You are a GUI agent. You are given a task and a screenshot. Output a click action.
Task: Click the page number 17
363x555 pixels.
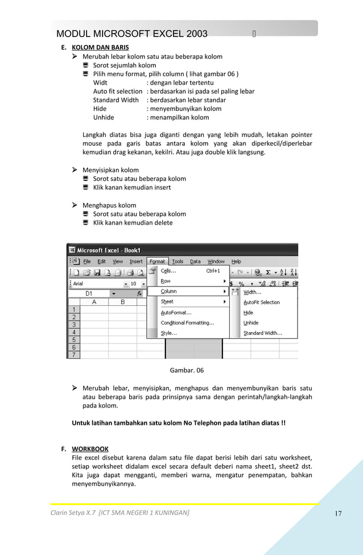pos(338,514)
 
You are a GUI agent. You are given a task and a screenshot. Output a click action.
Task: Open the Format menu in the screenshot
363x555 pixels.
pos(157,262)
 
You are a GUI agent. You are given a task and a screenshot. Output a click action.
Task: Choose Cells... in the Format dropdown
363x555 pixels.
pos(168,271)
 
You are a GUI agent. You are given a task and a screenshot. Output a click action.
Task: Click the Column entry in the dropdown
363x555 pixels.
pos(168,291)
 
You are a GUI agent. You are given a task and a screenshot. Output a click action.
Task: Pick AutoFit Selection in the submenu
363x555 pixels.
pos(262,303)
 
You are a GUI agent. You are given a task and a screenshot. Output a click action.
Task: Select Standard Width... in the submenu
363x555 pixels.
pos(263,333)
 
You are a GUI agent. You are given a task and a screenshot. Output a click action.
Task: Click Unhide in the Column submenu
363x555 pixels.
pos(251,323)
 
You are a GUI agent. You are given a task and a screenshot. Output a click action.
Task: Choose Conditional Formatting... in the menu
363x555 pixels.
pos(187,323)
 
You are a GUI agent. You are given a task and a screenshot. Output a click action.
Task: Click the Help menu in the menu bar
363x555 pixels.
pos(236,262)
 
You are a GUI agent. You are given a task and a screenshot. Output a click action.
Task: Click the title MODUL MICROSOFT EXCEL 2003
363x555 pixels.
pos(132,34)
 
